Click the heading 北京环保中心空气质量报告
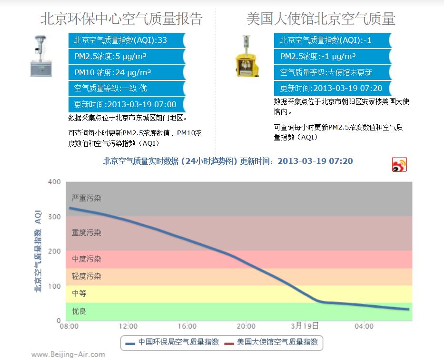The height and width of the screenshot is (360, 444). [121, 19]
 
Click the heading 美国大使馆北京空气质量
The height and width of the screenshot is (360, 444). [320, 19]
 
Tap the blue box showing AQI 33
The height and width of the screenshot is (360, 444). [126, 40]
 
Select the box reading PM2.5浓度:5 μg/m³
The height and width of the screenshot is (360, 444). [126, 57]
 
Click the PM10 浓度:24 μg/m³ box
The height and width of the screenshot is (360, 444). [126, 73]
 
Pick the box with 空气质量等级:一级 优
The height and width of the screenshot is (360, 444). [126, 89]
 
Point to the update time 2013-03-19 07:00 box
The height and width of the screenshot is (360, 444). [126, 104]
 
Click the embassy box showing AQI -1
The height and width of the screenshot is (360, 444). [332, 40]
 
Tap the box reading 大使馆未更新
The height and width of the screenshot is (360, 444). [332, 72]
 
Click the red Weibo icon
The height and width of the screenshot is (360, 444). [399, 164]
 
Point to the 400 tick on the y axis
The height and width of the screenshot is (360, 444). [55, 182]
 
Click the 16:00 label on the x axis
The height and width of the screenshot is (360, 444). [187, 327]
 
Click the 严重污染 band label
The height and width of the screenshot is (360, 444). [86, 198]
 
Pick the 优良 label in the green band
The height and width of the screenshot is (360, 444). [79, 311]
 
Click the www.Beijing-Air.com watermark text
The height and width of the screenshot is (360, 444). [68, 354]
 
